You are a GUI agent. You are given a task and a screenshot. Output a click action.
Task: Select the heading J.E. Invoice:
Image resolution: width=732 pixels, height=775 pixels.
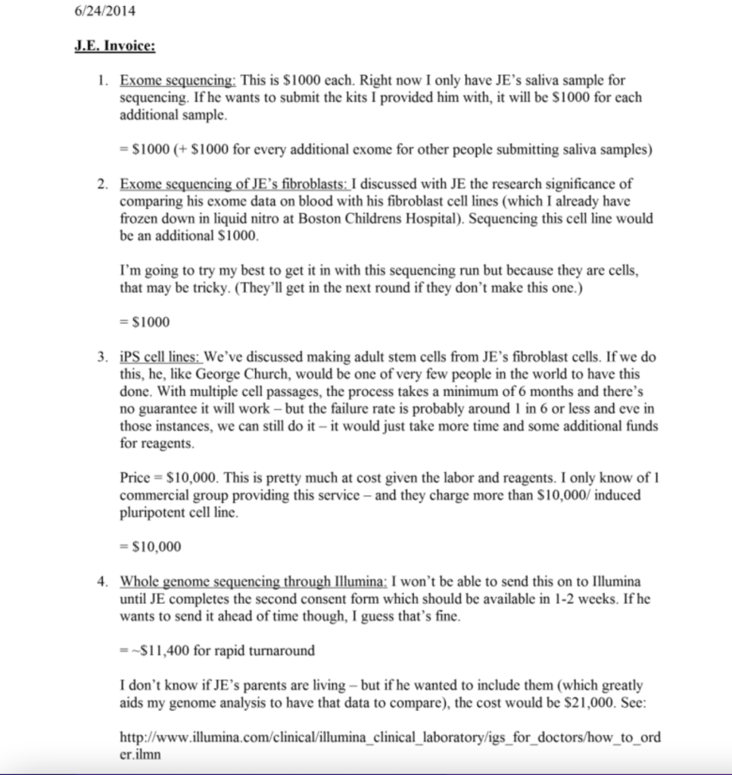click(x=115, y=47)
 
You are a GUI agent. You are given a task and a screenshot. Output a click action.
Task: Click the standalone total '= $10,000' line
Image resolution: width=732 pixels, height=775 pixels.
click(x=151, y=546)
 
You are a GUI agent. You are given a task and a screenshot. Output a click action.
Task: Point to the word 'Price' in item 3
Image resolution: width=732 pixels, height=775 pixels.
click(x=135, y=479)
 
